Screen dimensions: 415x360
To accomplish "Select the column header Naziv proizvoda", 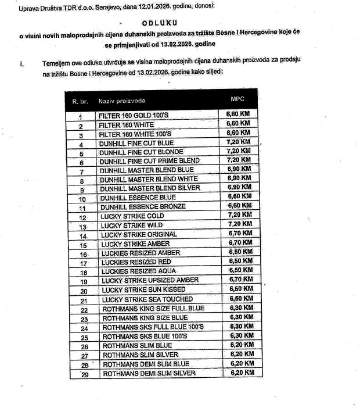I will (122, 101).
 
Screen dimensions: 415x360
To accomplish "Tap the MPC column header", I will (238, 99).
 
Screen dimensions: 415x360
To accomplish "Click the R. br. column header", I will (80, 102).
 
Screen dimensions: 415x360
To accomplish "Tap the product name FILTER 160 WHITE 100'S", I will (136, 134).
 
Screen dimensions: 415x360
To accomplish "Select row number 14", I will (83, 237).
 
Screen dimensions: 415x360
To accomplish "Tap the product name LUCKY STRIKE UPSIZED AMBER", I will (150, 280).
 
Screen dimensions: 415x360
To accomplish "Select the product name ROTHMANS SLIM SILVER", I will (141, 355).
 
